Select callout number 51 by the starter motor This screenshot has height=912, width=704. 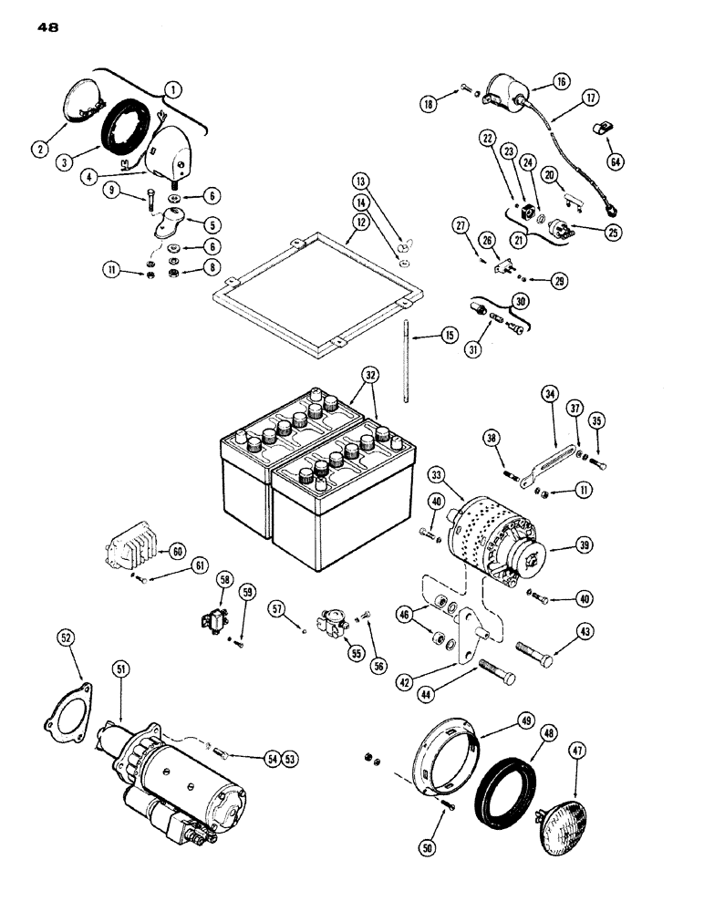[x=119, y=670]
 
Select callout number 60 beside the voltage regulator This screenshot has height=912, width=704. [x=176, y=550]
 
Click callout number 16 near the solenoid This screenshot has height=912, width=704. [x=560, y=82]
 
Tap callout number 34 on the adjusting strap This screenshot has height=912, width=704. [x=549, y=395]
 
